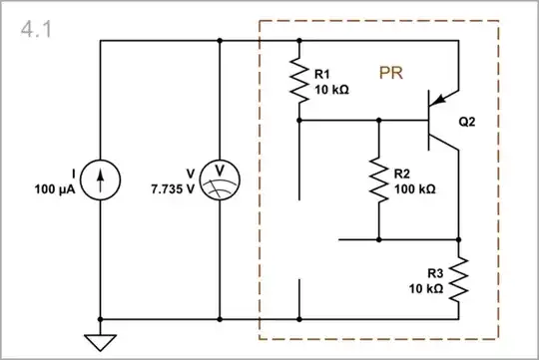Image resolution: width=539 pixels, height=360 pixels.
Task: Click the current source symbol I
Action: (x=101, y=180)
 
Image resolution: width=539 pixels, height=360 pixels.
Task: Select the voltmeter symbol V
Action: (x=218, y=180)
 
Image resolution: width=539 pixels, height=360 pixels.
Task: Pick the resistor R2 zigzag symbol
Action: (x=379, y=180)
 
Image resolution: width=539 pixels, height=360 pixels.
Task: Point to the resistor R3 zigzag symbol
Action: (x=459, y=280)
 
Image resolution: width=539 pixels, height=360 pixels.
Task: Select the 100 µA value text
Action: (x=56, y=188)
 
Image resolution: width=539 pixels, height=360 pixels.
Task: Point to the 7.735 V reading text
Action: (x=173, y=188)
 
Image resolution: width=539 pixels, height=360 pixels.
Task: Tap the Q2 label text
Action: (x=467, y=123)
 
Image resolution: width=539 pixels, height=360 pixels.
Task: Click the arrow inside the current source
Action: (x=101, y=180)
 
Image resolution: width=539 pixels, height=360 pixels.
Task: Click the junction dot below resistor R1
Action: (x=299, y=120)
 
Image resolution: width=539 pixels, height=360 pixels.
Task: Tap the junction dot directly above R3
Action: (x=459, y=239)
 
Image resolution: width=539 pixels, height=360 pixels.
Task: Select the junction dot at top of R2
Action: (x=379, y=120)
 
